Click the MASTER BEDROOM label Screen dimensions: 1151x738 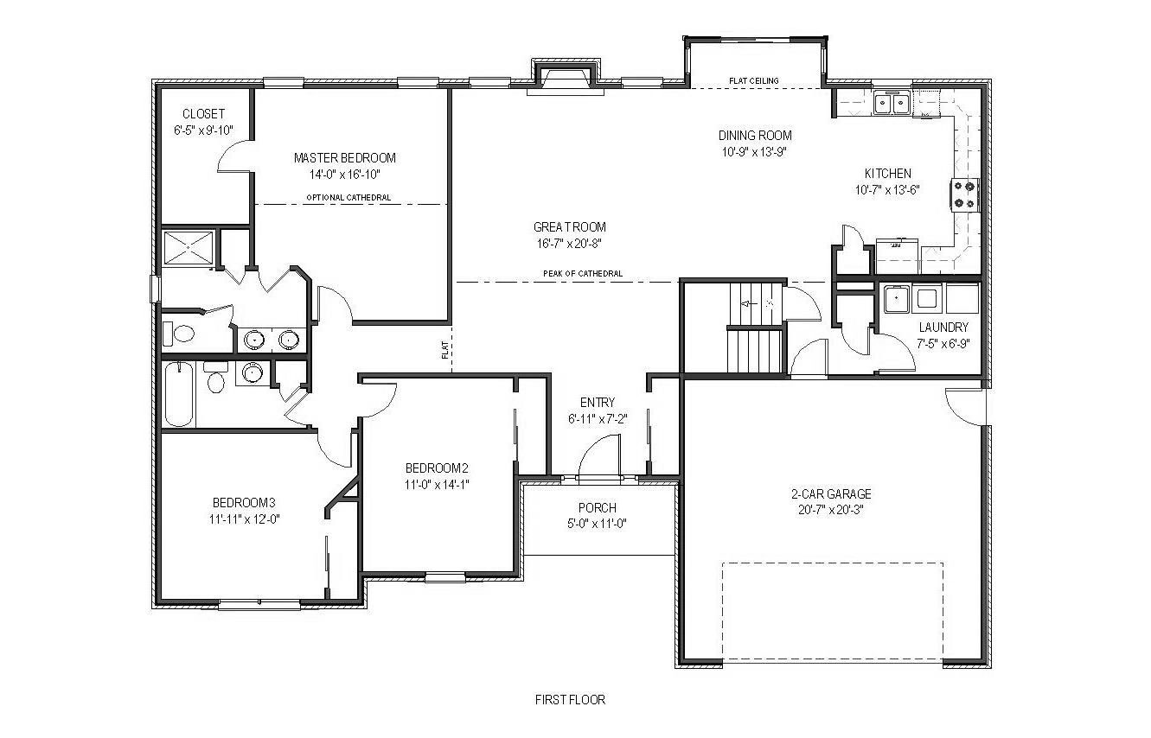pos(345,157)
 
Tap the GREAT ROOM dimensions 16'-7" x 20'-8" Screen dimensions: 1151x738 pos(569,244)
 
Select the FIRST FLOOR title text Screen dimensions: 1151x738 pos(570,699)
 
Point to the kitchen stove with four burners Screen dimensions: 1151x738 pos(964,194)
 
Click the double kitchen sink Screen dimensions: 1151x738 pos(892,103)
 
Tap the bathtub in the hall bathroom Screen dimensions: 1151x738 pos(179,394)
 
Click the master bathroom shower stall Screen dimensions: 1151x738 pos(188,248)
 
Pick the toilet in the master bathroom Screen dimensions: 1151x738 pos(179,334)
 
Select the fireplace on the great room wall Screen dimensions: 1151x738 pos(565,78)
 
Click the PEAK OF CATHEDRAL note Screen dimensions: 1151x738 pos(583,274)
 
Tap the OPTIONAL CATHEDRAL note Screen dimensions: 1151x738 pos(348,197)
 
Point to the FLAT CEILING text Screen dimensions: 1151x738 pos(754,80)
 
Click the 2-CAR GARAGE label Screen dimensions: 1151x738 pos(831,494)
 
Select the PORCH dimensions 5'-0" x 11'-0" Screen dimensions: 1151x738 pos(597,524)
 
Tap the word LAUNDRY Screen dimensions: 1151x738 pos(943,328)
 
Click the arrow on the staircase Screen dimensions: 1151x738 pos(750,304)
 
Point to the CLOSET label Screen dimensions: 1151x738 pos(203,113)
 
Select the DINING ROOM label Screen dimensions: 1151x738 pos(755,136)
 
